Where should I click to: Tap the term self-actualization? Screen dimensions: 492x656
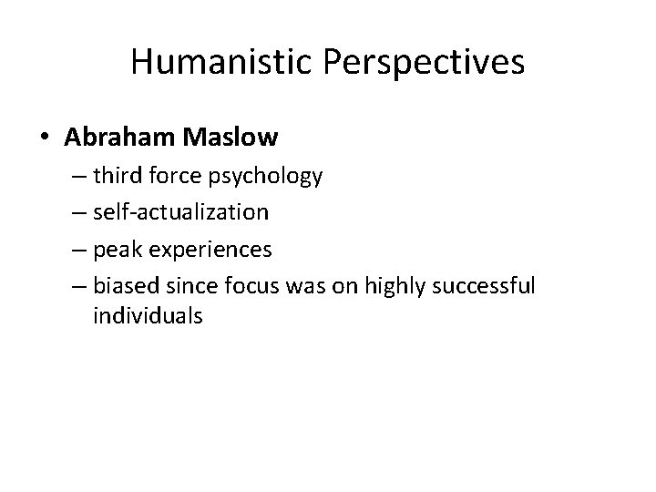point(180,212)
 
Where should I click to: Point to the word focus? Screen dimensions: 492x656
point(243,285)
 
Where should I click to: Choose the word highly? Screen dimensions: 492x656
point(395,285)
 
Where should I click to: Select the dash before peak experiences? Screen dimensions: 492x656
point(76,250)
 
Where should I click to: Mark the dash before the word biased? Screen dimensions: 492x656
point(76,286)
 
